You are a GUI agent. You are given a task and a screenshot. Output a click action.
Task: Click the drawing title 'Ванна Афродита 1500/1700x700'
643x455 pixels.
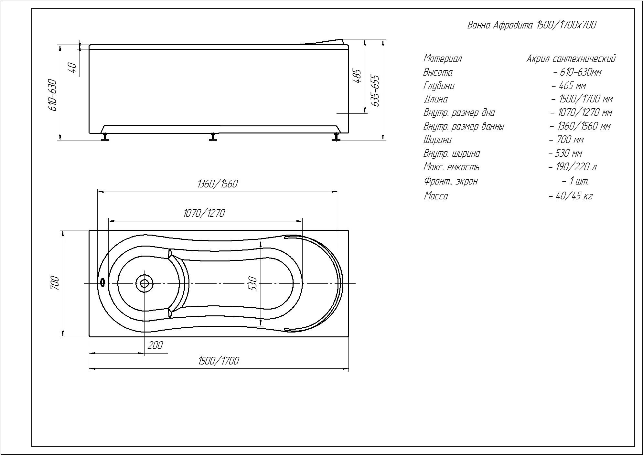(531, 25)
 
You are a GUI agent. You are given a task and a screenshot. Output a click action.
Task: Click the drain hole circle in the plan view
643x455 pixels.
(144, 283)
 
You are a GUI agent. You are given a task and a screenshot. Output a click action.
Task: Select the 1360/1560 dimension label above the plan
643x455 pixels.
(217, 184)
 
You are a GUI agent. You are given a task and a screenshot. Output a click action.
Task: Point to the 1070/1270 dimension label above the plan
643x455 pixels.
(204, 213)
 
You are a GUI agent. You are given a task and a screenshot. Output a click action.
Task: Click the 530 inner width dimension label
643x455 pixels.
(253, 283)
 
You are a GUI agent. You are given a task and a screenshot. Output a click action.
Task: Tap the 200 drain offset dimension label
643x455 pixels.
(155, 345)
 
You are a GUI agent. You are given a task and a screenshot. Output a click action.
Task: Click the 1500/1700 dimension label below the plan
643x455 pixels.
(219, 361)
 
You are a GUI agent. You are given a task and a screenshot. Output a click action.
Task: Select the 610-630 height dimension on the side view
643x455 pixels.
(53, 95)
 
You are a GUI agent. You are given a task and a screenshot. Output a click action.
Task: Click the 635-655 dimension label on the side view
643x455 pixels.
(375, 90)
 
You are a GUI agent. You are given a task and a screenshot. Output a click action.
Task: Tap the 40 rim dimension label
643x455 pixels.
(73, 67)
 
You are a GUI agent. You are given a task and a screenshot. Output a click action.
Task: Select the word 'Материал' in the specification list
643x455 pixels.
(442, 59)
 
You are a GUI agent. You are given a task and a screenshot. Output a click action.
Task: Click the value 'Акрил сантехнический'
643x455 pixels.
(571, 59)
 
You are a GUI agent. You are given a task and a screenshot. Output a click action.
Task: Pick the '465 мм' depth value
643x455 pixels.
(569, 86)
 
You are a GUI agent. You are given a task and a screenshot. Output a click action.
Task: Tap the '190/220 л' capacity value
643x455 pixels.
(572, 167)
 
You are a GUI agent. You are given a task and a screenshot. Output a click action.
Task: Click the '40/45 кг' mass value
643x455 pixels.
(571, 196)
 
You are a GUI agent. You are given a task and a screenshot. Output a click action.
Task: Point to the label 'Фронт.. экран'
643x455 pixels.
(450, 181)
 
